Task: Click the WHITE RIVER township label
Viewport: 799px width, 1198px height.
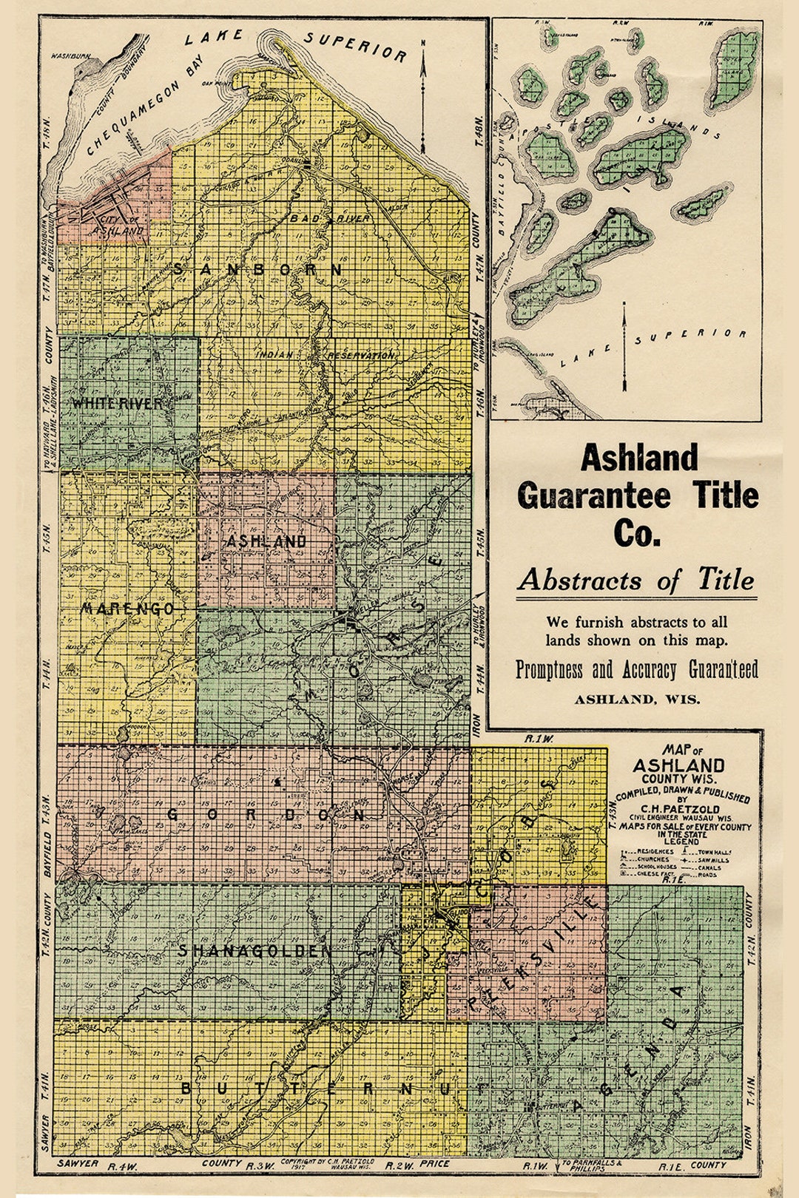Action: pos(117,404)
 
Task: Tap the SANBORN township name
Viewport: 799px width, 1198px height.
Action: pos(258,270)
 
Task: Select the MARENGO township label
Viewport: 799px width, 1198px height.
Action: pos(128,609)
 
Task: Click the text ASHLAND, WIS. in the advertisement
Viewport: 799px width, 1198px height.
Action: pos(636,699)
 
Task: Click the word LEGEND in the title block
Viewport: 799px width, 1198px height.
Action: pos(681,842)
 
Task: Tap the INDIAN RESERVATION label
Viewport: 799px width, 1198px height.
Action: pos(326,356)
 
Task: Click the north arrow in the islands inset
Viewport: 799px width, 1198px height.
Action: pos(625,348)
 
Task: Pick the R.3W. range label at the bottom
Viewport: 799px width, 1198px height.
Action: pos(260,1166)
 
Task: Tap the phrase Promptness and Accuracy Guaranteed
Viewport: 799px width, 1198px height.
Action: pos(636,669)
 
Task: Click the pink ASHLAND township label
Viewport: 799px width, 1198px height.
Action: pos(266,541)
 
